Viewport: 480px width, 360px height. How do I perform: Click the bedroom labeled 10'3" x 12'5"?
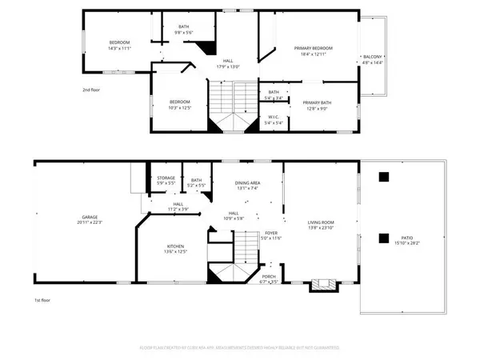coord(179,104)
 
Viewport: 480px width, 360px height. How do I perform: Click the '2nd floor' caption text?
coord(93,90)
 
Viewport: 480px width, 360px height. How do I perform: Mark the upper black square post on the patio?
coord(384,177)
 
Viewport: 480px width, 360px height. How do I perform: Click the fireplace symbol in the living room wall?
coord(324,283)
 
